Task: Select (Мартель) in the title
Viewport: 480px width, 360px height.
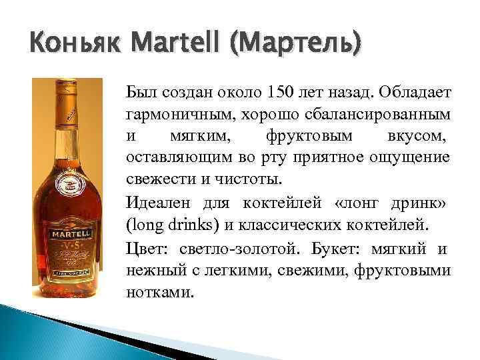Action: pyautogui.click(x=294, y=45)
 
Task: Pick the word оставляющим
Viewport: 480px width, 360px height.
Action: pyautogui.click(x=174, y=158)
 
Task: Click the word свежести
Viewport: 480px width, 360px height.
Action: pyautogui.click(x=155, y=180)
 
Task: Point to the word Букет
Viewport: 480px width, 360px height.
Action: pyautogui.click(x=353, y=248)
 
